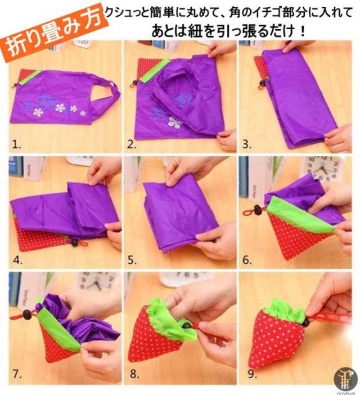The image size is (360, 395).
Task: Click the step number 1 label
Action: click(17, 144)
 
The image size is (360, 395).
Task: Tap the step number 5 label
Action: click(132, 260)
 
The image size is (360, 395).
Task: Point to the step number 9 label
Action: click(252, 374)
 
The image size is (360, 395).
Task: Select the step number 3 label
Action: click(247, 144)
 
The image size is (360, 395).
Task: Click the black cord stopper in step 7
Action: click(26, 314)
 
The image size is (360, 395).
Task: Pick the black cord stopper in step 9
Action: click(305, 322)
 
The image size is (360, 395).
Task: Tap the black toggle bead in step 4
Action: click(74, 242)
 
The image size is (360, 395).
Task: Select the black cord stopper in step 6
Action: click(257, 209)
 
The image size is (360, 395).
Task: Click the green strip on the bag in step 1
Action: click(30, 78)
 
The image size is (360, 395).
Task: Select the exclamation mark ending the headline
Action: click(303, 31)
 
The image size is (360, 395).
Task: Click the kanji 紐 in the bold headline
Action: click(195, 31)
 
